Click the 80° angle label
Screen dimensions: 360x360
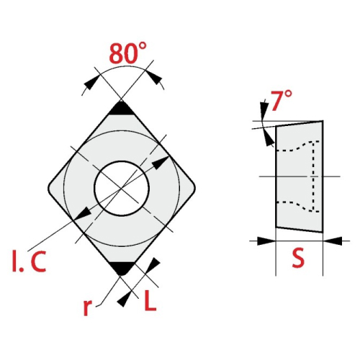tap(127, 53)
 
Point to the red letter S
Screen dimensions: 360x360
tap(298, 258)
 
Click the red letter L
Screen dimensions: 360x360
tap(150, 300)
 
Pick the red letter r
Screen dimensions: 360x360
tap(87, 307)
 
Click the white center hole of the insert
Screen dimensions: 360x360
tap(122, 188)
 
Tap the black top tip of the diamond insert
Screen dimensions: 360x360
tap(122, 109)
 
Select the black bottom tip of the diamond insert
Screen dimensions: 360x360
tap(121, 268)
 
